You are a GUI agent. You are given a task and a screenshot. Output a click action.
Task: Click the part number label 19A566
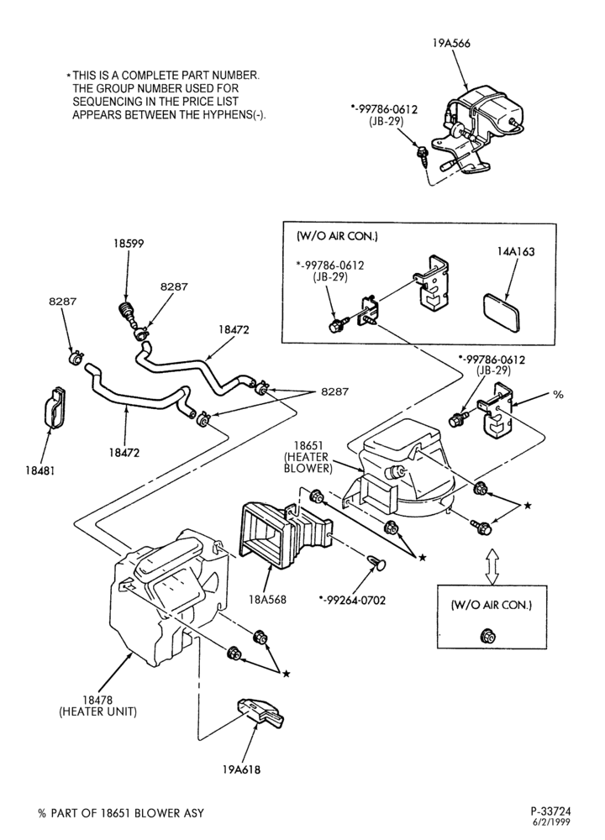click(x=451, y=44)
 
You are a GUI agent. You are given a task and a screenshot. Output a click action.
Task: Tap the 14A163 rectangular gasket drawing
click(x=502, y=312)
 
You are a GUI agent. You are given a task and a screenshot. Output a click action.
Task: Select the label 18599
click(x=129, y=244)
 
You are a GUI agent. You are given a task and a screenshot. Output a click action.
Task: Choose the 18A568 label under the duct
click(x=268, y=600)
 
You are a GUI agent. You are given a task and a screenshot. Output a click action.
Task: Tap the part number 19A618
click(x=242, y=769)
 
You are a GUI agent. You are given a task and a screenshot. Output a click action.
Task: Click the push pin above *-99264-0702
click(x=378, y=563)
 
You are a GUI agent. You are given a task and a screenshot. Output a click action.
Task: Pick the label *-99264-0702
click(x=352, y=601)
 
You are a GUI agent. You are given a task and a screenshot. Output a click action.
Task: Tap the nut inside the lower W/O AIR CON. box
click(x=487, y=636)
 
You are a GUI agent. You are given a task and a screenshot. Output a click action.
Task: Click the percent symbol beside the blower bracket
click(x=558, y=395)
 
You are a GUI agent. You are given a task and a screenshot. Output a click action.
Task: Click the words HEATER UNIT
click(x=97, y=712)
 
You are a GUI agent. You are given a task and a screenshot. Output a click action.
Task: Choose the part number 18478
click(x=97, y=700)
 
